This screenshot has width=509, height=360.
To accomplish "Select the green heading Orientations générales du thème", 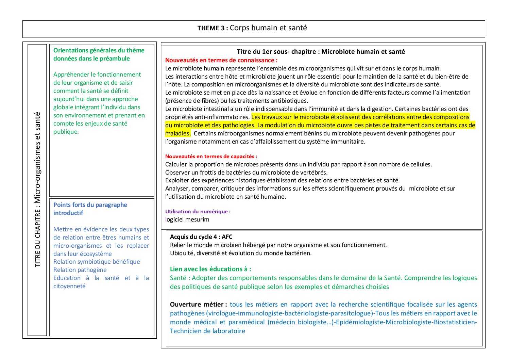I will click(x=99, y=50).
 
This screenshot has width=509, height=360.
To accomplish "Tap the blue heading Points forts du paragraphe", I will click(x=90, y=205).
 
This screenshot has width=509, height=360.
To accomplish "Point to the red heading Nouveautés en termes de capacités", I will click(x=211, y=157).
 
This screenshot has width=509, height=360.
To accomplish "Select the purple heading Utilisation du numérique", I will click(x=198, y=211).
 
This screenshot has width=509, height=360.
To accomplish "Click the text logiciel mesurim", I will click(x=187, y=219).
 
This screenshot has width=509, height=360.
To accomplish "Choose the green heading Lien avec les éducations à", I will click(x=210, y=269).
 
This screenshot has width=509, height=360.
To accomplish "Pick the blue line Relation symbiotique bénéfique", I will click(x=97, y=262).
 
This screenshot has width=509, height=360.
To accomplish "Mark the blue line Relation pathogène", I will click(x=80, y=270).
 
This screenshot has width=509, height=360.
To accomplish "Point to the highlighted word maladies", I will click(x=177, y=133).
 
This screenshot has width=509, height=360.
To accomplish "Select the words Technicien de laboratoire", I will click(x=207, y=331).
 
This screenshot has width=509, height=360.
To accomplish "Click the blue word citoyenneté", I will click(x=69, y=286).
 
